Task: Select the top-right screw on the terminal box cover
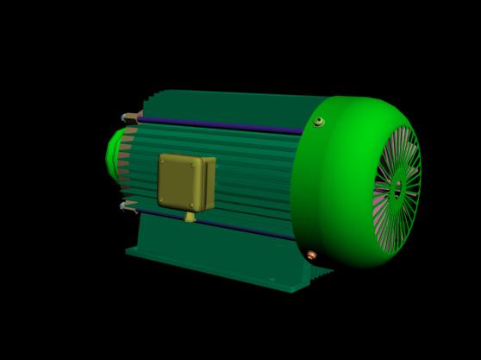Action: click(193, 165)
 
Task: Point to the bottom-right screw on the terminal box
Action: click(191, 205)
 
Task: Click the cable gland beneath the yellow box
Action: click(190, 217)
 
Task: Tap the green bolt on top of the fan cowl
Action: click(318, 122)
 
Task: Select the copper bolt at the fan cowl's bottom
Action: click(311, 255)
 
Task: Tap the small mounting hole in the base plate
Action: click(272, 279)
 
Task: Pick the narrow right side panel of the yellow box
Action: click(209, 184)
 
